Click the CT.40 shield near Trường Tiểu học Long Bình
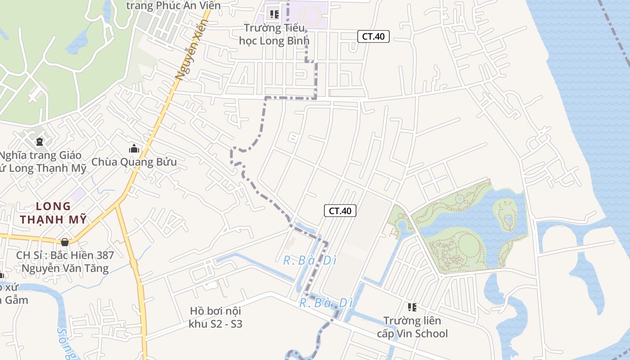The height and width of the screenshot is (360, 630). (373, 36)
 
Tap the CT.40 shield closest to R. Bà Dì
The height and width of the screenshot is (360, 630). (340, 210)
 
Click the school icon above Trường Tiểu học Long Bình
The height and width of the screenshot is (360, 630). (274, 14)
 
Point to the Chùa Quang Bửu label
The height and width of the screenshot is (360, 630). (134, 162)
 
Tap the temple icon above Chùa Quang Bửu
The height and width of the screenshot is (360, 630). (134, 148)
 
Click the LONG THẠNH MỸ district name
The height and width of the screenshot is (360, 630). (53, 213)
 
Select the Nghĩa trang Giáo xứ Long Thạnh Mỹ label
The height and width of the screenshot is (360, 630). (43, 162)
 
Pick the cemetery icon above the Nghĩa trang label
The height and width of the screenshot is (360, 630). (39, 142)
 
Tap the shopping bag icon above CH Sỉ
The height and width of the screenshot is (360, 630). (65, 242)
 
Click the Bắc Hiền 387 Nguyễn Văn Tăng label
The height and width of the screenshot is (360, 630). (65, 262)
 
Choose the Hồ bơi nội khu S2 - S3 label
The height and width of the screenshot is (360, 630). (216, 317)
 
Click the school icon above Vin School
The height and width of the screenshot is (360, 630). (412, 307)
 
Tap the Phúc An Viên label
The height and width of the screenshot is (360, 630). (173, 5)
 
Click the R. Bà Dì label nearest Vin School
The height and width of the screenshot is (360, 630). (326, 303)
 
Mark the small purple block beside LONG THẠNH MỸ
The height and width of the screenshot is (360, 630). (78, 195)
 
